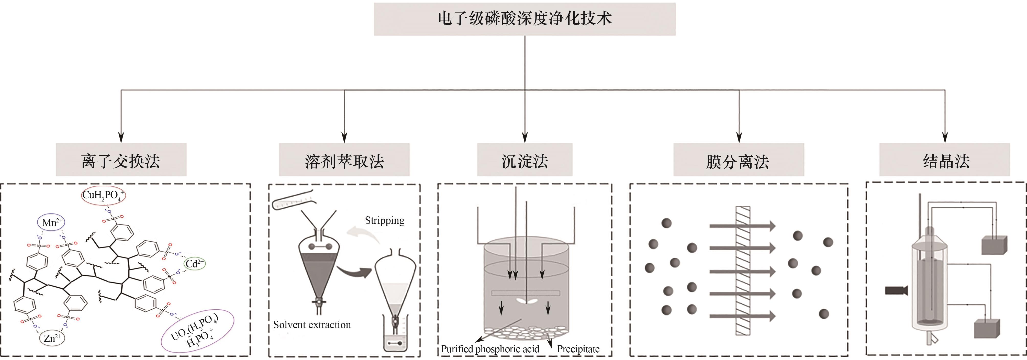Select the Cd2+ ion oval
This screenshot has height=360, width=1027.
click(x=195, y=264)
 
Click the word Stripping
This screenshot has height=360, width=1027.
click(x=384, y=220)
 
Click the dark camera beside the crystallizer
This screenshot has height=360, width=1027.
click(x=896, y=290)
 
